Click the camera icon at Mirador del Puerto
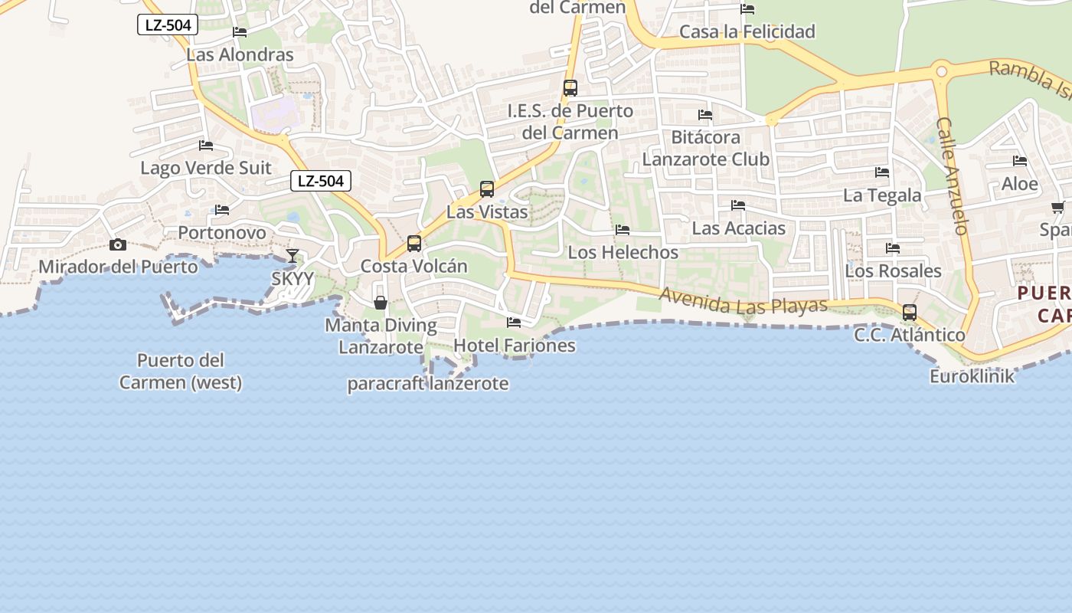pyautogui.click(x=118, y=245)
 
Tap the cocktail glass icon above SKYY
pyautogui.click(x=293, y=256)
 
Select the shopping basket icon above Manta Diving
pyautogui.click(x=381, y=303)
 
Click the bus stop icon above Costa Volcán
pyautogui.click(x=414, y=244)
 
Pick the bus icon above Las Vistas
pyautogui.click(x=486, y=188)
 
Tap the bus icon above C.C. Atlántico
pyautogui.click(x=910, y=313)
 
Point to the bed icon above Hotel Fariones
pyautogui.click(x=514, y=323)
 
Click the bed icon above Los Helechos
pyautogui.click(x=623, y=230)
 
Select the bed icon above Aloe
pyautogui.click(x=1020, y=161)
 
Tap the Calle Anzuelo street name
pyautogui.click(x=953, y=175)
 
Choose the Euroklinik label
pyautogui.click(x=972, y=376)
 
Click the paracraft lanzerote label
pyautogui.click(x=428, y=383)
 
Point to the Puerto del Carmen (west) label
pyautogui.click(x=181, y=371)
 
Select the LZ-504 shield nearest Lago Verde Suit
pyautogui.click(x=321, y=181)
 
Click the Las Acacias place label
pyautogui.click(x=738, y=228)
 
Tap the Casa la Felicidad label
pyautogui.click(x=747, y=31)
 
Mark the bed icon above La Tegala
pyautogui.click(x=882, y=172)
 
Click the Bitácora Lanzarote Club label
pyautogui.click(x=705, y=148)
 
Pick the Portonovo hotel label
pyautogui.click(x=222, y=232)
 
